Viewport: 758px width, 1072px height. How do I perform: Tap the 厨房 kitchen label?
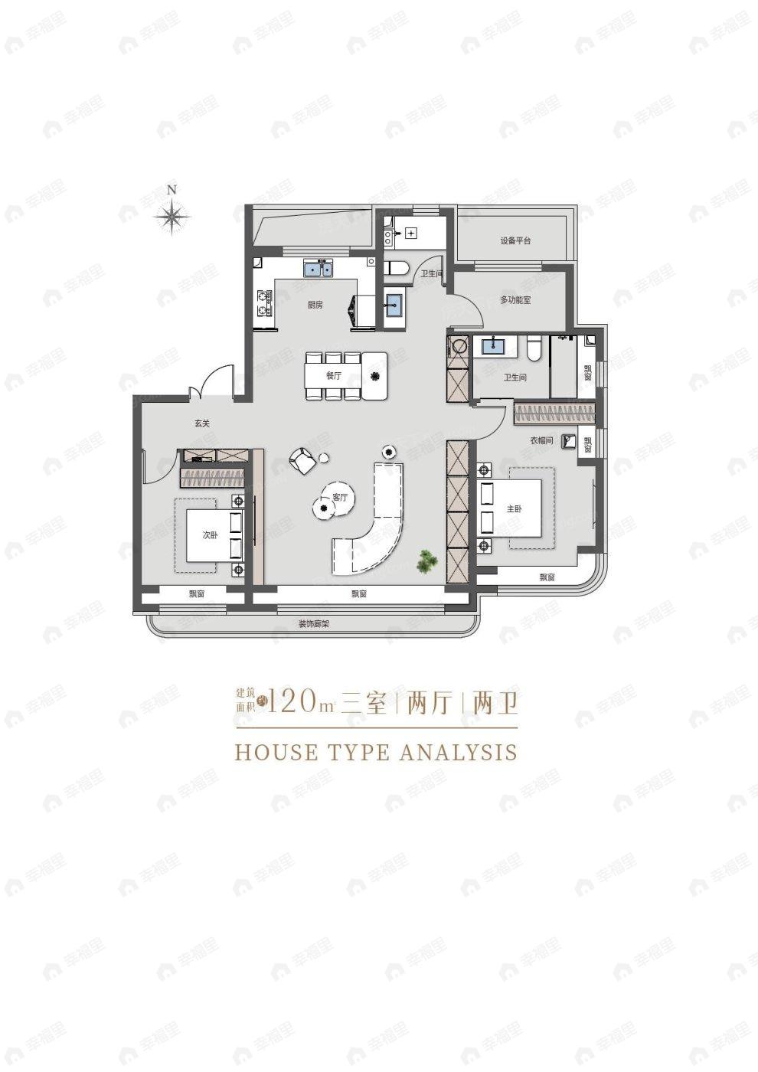tap(315, 305)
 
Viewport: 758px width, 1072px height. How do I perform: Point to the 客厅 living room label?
tap(340, 498)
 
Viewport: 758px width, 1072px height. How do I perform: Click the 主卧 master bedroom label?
tap(514, 509)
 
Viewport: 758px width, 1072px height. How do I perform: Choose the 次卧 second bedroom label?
tap(210, 535)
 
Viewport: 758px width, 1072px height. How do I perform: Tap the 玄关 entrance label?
tap(201, 423)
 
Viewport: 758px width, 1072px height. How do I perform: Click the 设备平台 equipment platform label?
tap(515, 240)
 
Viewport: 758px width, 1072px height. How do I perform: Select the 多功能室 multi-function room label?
tap(515, 299)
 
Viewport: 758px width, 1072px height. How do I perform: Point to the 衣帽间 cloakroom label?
tap(541, 441)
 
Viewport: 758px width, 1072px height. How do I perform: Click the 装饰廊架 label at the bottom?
tap(313, 624)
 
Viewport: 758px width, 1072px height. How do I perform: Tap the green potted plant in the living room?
tap(426, 561)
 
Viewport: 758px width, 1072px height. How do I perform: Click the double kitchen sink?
tap(319, 269)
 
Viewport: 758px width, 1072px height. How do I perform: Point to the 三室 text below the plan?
tap(364, 702)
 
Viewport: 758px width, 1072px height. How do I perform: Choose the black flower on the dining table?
tap(375, 376)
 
